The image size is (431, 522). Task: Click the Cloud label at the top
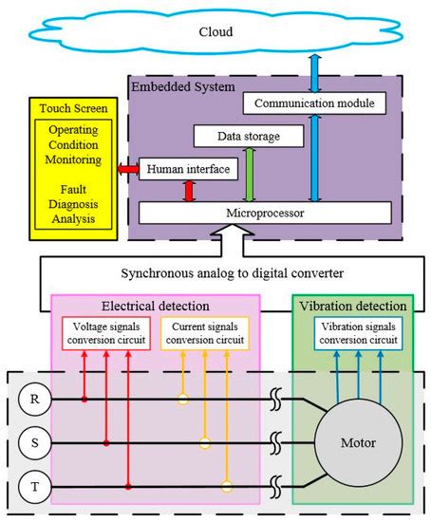coord(215,31)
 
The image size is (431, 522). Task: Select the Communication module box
coord(312,102)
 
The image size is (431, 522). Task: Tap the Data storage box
coord(249,138)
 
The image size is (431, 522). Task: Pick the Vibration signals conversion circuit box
coord(358,333)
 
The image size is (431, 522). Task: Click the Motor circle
coord(358,443)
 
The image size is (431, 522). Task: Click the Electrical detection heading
coord(154,306)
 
